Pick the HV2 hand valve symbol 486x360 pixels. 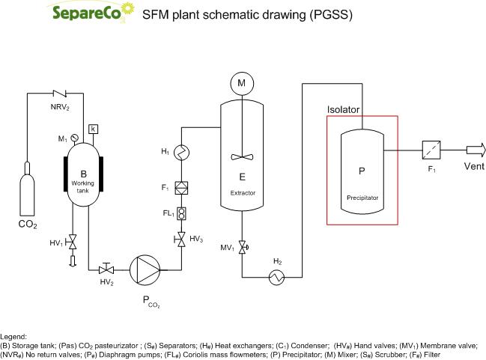click(106, 267)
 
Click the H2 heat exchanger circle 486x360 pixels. click(278, 278)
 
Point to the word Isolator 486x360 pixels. click(344, 110)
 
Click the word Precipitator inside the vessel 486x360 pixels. click(361, 199)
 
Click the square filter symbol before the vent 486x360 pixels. click(431, 150)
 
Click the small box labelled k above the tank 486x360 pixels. click(93, 129)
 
